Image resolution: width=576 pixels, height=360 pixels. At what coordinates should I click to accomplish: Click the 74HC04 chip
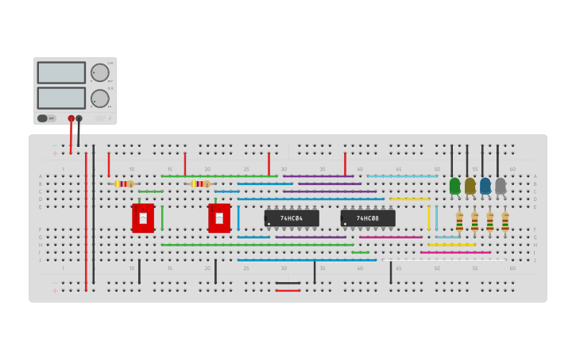[292, 219]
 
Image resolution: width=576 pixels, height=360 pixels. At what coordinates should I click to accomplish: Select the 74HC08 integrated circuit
[368, 219]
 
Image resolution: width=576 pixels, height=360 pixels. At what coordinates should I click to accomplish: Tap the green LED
[454, 186]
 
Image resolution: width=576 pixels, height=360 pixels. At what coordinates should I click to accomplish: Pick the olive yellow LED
[470, 186]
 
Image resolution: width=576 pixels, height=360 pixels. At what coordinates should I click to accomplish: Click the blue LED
[485, 186]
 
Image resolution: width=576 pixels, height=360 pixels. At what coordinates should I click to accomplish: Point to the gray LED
[501, 186]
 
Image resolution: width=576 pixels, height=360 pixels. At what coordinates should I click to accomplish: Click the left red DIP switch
[143, 219]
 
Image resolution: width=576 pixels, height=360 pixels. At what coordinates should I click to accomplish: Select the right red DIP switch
[219, 219]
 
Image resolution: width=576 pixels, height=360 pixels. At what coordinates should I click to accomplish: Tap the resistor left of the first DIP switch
[123, 184]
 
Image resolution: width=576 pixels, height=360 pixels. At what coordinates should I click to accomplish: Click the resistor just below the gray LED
[505, 223]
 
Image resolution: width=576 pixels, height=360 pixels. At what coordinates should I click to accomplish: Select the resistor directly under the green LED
[459, 223]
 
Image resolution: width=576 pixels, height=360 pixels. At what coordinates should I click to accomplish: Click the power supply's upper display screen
[61, 72]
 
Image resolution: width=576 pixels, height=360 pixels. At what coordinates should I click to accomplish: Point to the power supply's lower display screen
[61, 98]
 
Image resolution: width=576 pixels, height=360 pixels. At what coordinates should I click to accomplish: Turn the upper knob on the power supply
[100, 72]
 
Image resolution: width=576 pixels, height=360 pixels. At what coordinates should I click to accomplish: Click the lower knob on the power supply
[100, 99]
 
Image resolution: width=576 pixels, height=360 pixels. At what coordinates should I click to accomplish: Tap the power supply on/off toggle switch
[46, 118]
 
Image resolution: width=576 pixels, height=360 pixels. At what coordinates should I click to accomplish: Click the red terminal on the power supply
[71, 118]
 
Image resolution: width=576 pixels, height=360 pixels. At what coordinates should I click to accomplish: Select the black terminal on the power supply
[79, 118]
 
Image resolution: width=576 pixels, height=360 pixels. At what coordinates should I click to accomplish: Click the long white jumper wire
[445, 260]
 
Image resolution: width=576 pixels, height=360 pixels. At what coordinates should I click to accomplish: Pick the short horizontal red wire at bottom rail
[288, 290]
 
